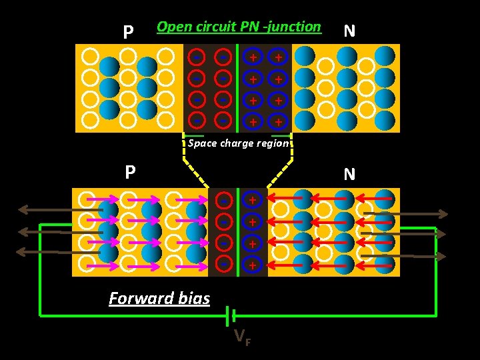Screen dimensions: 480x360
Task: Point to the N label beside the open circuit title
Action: (x=349, y=31)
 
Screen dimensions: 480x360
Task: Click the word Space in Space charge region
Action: (x=201, y=143)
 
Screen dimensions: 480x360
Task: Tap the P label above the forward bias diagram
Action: (x=131, y=173)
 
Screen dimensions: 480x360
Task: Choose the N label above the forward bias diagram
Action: (x=349, y=175)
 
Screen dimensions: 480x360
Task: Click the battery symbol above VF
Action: (x=231, y=314)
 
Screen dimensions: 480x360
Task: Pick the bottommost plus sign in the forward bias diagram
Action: (x=253, y=265)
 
